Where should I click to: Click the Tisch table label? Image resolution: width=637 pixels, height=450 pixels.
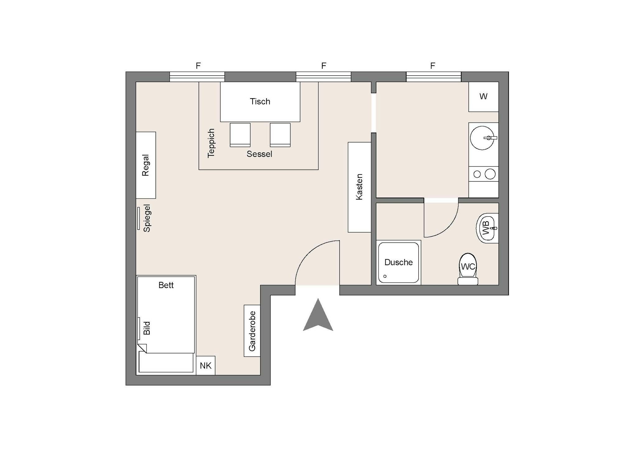260,102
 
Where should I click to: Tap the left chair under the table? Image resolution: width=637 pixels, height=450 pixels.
240,135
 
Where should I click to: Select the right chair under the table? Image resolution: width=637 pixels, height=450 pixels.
280,135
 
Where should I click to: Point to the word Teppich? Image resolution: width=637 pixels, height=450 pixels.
211,143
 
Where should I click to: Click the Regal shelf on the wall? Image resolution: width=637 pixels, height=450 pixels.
146,165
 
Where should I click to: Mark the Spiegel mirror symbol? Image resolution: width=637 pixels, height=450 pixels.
139,218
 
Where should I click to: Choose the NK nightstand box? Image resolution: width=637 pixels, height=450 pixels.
206,365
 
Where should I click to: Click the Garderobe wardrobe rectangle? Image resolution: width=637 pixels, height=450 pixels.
252,331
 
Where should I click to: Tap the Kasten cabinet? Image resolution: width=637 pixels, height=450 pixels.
360,187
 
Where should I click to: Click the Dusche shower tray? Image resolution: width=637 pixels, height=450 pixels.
398,263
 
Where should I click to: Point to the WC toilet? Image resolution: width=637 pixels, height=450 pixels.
468,269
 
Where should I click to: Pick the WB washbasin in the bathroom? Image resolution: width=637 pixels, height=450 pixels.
487,228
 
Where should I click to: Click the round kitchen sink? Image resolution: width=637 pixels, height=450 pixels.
482,138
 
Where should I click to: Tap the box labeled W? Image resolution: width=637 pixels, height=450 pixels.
484,97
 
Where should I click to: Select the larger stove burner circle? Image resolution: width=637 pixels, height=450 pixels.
490,174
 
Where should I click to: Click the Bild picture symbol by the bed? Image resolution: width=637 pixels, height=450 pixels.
139,328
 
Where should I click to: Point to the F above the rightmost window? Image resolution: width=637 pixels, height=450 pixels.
433,66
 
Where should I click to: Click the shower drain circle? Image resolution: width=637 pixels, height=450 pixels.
385,276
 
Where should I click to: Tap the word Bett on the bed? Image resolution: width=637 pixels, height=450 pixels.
166,285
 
